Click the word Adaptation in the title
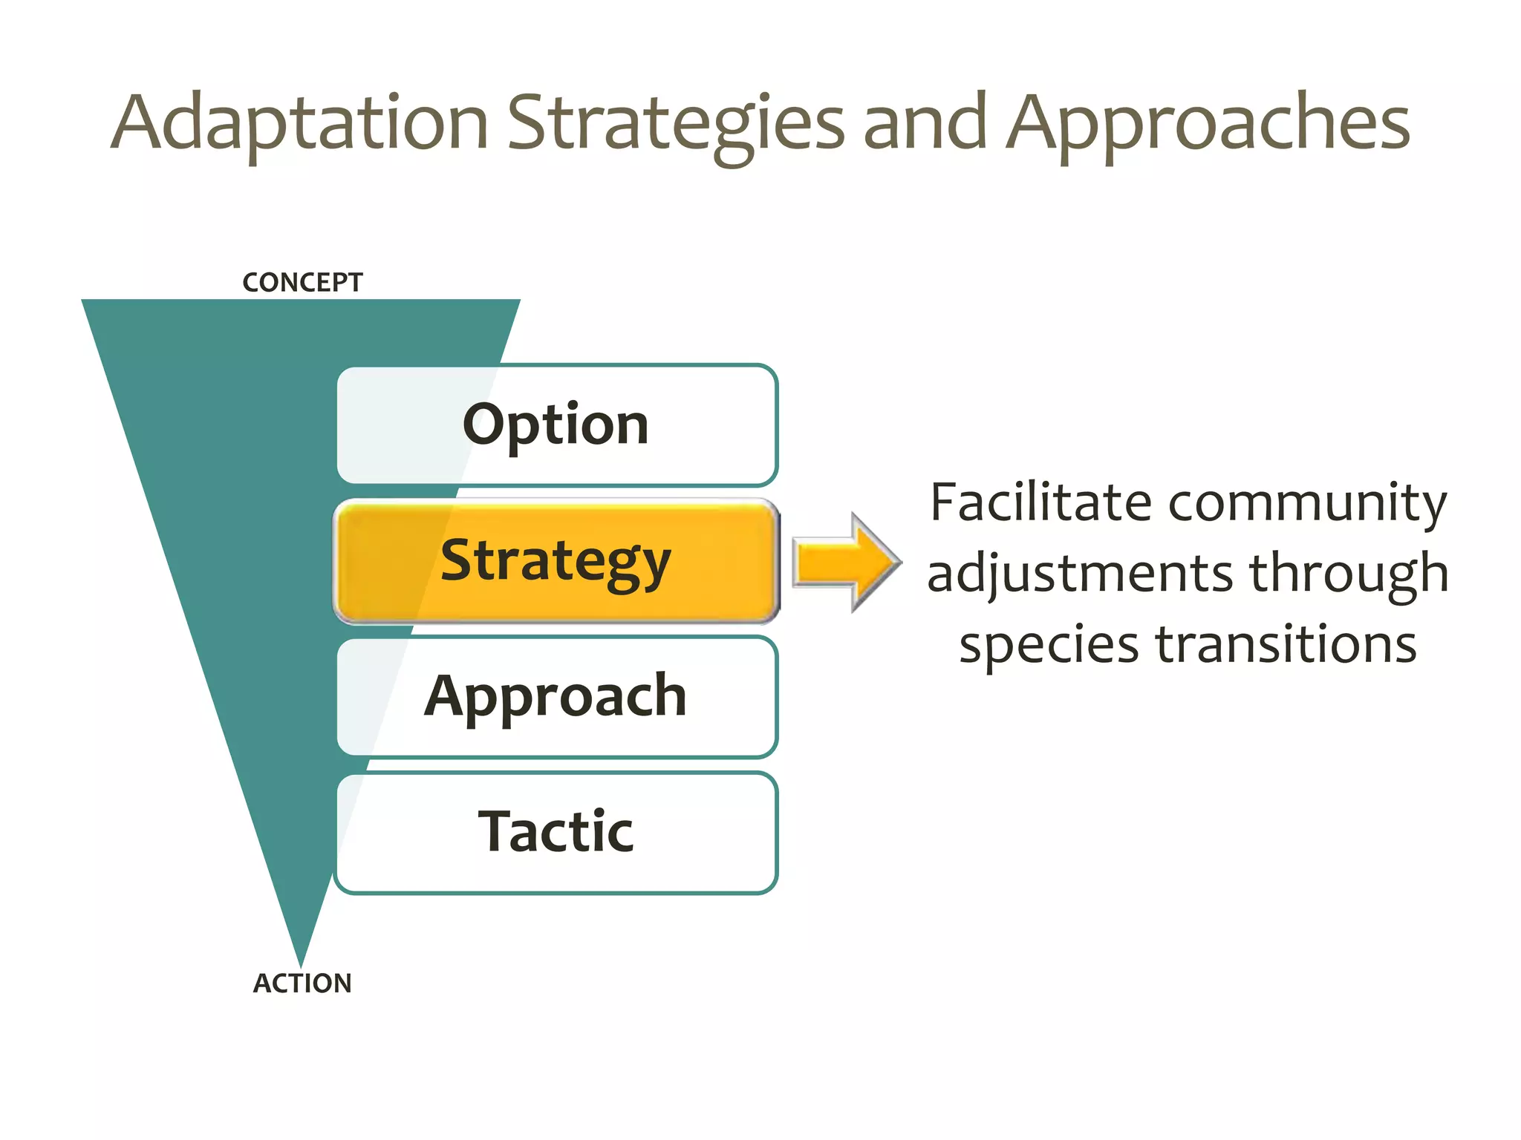299,122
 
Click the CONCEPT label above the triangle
302,283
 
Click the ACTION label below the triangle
302,983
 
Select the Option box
556,425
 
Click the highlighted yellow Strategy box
556,561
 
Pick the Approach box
556,696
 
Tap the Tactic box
556,832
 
